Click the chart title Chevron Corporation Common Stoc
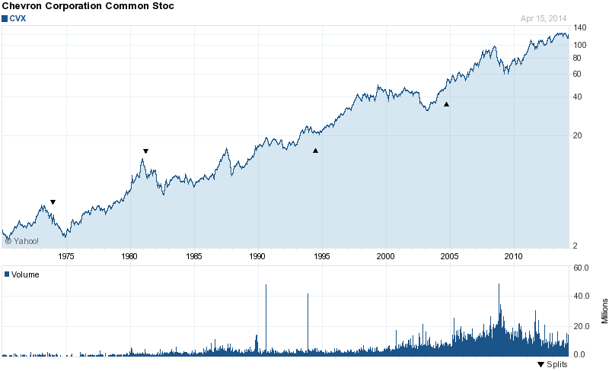(88, 7)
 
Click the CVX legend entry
(17, 18)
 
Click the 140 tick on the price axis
(581, 27)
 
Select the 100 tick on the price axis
(581, 45)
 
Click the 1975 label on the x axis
(65, 255)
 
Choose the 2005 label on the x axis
(450, 255)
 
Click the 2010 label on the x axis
(515, 255)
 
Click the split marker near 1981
(145, 151)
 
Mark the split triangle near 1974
(53, 202)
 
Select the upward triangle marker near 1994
(315, 151)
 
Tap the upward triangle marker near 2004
(446, 104)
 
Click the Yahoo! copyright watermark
(22, 241)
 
